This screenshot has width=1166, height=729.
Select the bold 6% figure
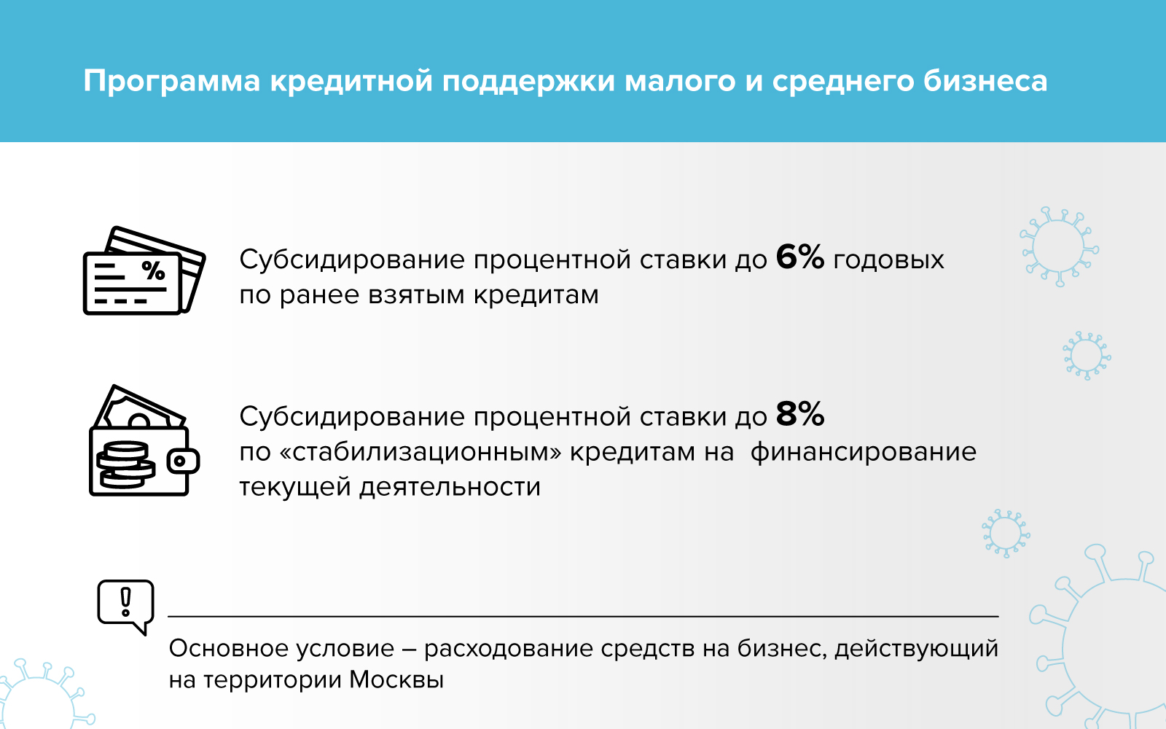tap(800, 257)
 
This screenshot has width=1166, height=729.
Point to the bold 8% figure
tap(800, 414)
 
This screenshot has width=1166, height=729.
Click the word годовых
tap(888, 260)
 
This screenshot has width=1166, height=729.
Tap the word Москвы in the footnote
tap(396, 680)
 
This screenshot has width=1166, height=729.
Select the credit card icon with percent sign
tap(144, 270)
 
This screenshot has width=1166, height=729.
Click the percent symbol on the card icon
tap(154, 270)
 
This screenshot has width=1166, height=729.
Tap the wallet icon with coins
tap(144, 440)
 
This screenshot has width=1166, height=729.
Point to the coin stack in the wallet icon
tap(125, 464)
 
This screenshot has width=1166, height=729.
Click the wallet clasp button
tap(183, 461)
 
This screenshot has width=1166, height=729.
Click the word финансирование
tap(863, 452)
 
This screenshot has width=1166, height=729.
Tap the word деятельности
tap(450, 488)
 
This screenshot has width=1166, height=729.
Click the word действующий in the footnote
tap(917, 650)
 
